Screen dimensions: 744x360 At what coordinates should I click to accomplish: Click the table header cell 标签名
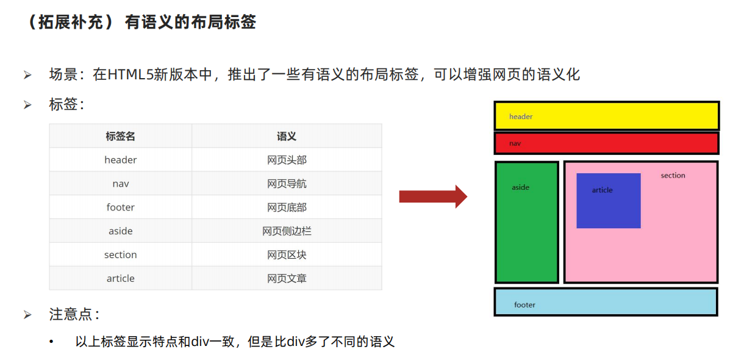click(x=120, y=136)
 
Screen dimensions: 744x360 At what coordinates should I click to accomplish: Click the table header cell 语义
click(x=287, y=136)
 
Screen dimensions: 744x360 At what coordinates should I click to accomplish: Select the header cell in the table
click(x=120, y=160)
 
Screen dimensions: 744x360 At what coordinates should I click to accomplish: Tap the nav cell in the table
click(x=120, y=184)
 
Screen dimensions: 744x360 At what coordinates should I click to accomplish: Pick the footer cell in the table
click(x=120, y=207)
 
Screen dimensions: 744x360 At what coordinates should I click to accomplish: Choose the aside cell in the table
click(x=120, y=231)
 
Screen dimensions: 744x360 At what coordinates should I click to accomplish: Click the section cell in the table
click(x=120, y=254)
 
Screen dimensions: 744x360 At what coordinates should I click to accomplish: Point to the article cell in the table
click(x=120, y=278)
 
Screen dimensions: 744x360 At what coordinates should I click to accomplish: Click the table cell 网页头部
click(x=287, y=160)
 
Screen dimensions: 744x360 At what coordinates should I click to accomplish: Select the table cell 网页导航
click(x=287, y=184)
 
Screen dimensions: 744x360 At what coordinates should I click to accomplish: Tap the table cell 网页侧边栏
click(x=287, y=231)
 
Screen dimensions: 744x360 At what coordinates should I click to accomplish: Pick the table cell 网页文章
click(x=287, y=278)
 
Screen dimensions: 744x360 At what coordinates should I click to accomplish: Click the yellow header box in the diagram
click(x=606, y=116)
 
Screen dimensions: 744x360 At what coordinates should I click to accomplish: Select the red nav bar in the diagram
click(x=606, y=143)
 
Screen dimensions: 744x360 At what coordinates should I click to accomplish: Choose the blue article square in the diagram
click(x=608, y=201)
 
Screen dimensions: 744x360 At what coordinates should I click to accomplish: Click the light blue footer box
click(x=606, y=302)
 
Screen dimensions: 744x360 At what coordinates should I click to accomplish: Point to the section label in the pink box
click(x=673, y=176)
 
